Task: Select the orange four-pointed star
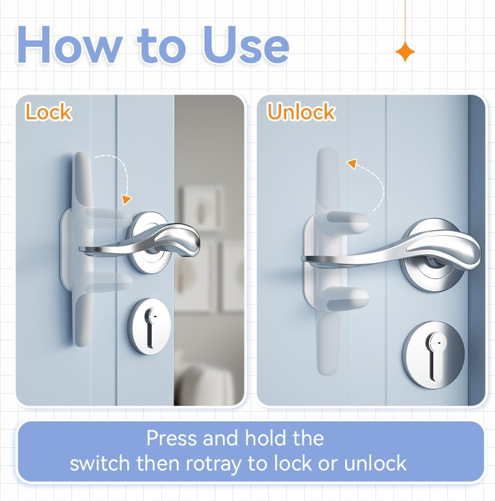404,52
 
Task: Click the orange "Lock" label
48,112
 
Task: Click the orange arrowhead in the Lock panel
126,200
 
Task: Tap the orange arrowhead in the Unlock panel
353,164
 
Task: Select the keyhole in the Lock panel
149,326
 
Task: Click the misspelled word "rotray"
214,463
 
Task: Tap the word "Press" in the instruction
171,438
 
